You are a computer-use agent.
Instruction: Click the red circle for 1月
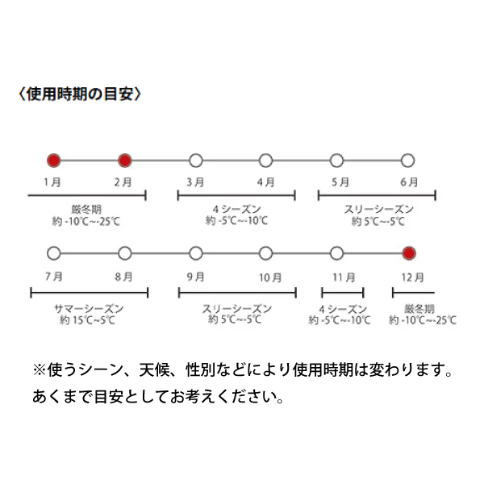(54, 161)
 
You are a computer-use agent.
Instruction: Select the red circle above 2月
(125, 161)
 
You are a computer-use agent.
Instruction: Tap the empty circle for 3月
(196, 161)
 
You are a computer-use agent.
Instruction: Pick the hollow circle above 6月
(407, 161)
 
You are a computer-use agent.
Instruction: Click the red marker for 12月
(409, 253)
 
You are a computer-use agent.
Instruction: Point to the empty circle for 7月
(54, 253)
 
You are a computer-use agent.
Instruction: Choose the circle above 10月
(265, 253)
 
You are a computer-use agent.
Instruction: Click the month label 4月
(265, 182)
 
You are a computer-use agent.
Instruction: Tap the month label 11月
(344, 277)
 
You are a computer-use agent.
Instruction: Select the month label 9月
(196, 277)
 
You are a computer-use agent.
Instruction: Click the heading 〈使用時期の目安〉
(80, 94)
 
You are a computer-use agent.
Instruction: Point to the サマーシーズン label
(89, 308)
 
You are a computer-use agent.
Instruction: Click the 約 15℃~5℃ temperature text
(87, 320)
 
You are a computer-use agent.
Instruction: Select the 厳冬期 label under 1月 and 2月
(86, 210)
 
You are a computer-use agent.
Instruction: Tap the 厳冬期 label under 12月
(419, 309)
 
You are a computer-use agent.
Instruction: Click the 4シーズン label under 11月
(343, 309)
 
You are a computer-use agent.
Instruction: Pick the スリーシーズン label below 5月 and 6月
(379, 209)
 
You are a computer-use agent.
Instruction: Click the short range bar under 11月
(343, 293)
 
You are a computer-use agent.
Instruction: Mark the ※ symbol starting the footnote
(40, 369)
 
